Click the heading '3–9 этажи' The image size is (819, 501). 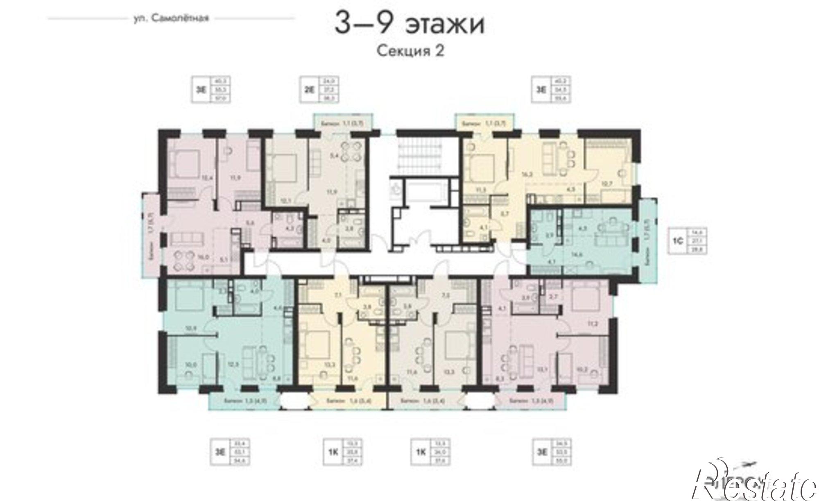coord(409,24)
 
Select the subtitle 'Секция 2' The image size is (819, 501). coord(409,51)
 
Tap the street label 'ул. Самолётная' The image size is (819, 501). coord(172,18)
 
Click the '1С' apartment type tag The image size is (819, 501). coord(676,242)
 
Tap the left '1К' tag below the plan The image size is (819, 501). coord(333,453)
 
